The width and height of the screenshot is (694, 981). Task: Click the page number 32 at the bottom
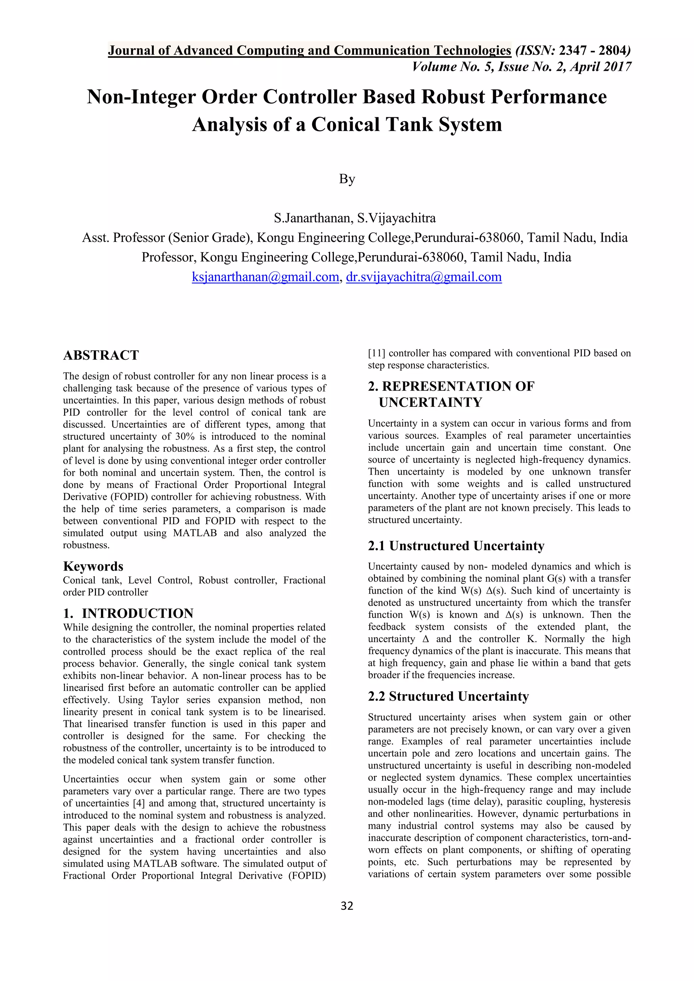(347, 906)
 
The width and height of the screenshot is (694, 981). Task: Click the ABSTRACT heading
(101, 355)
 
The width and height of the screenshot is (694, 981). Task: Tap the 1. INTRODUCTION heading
(128, 613)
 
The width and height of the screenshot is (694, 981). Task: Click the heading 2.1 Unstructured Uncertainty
(456, 546)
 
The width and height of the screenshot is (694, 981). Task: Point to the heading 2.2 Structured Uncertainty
(448, 696)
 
